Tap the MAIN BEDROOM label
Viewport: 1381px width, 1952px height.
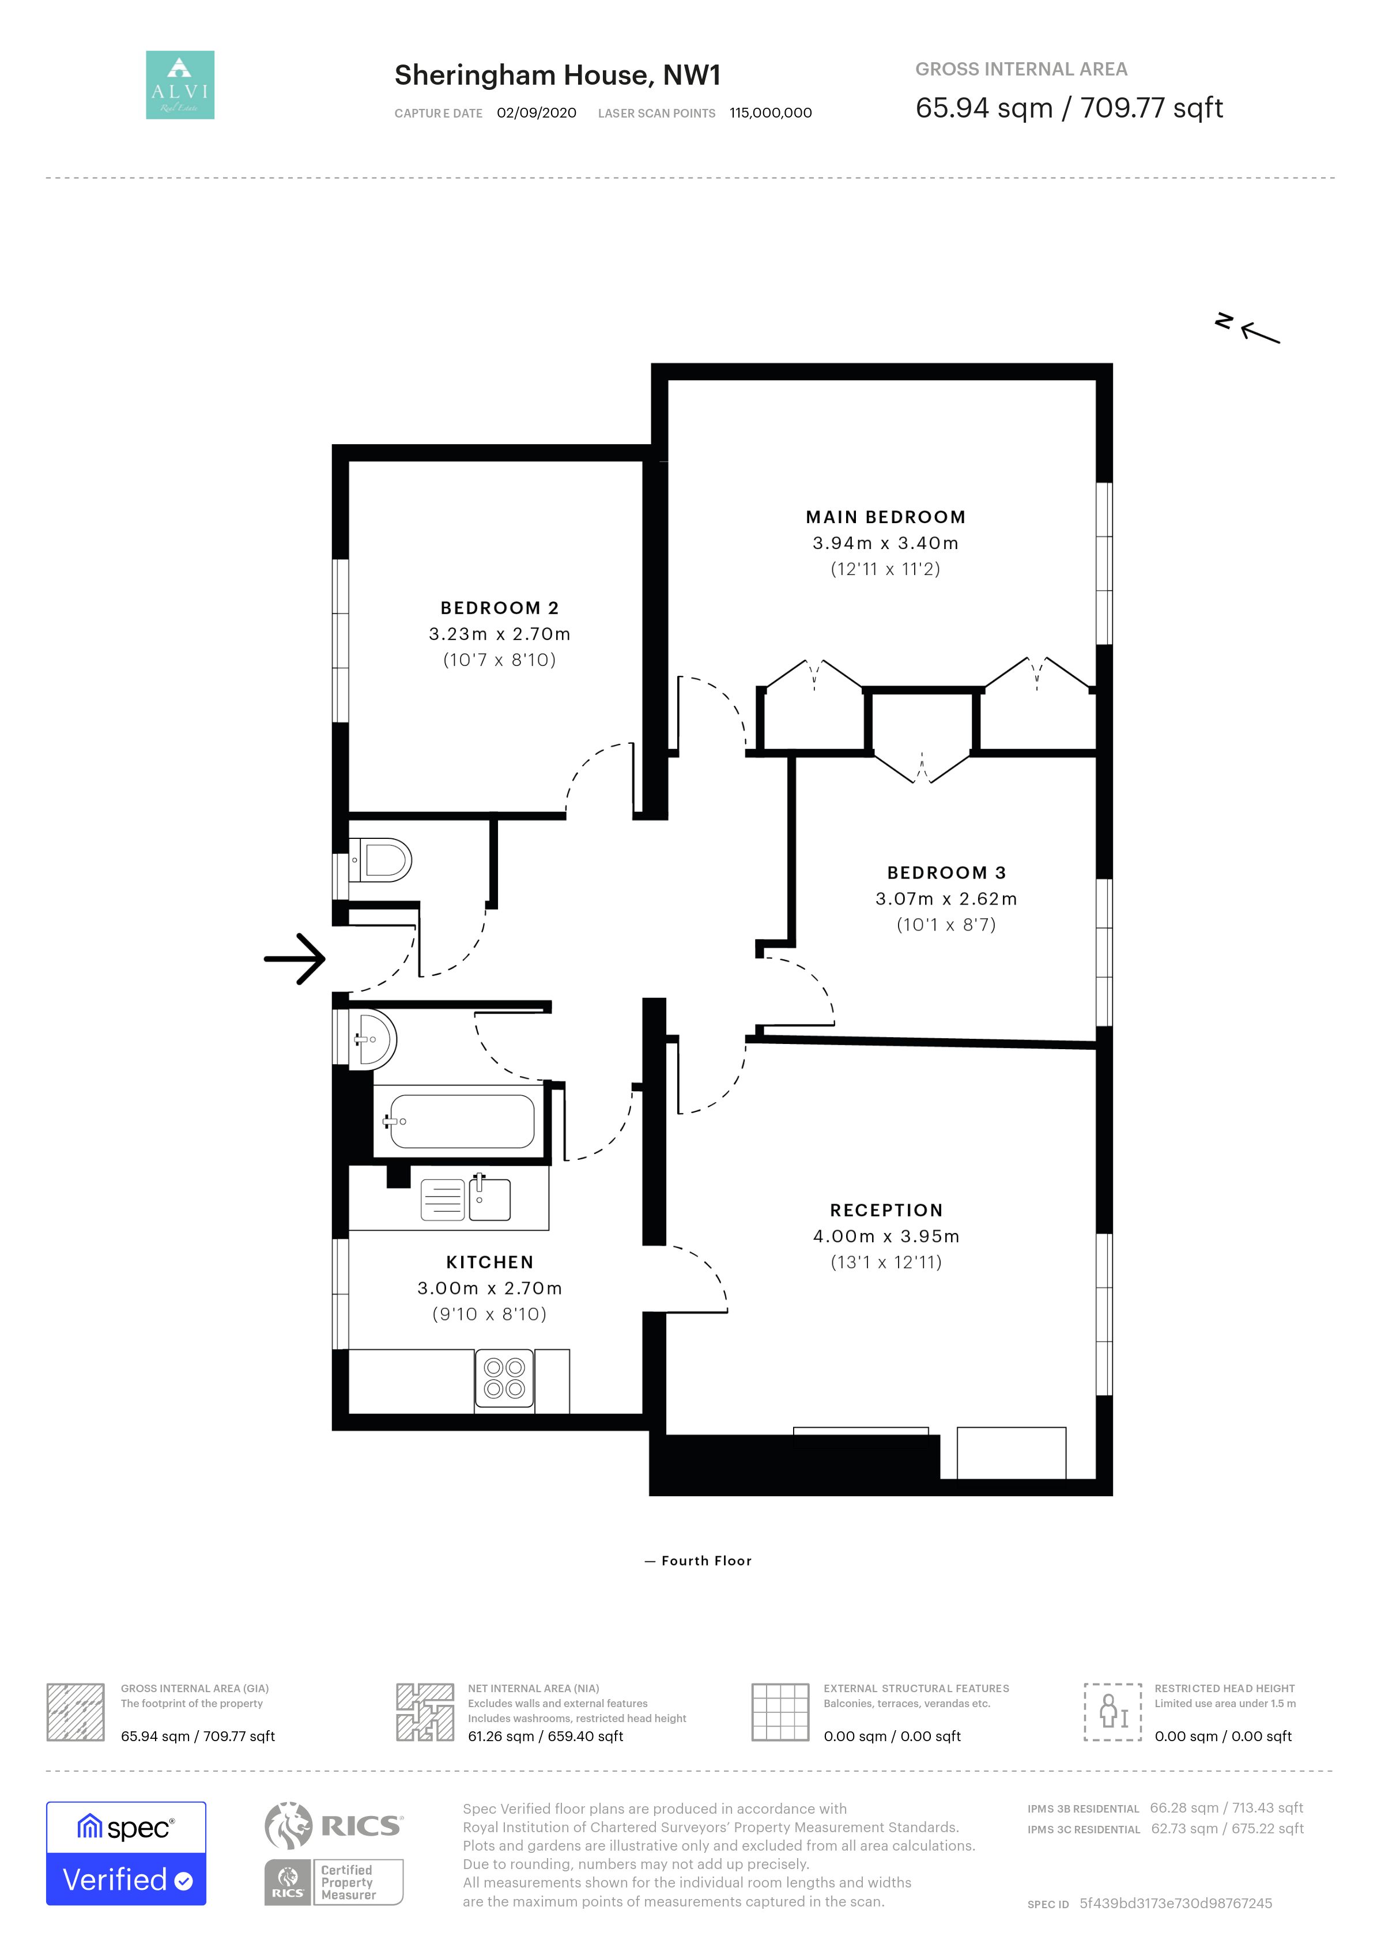coord(885,517)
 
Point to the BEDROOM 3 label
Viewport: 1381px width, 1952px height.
coord(946,872)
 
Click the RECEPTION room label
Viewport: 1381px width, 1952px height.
coord(886,1210)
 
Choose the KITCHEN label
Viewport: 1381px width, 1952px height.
coord(490,1262)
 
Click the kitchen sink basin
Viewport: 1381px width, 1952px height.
coord(490,1199)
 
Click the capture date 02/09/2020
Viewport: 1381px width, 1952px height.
coord(537,113)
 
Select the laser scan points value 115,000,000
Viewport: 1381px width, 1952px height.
coord(771,113)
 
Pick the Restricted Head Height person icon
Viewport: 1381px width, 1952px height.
coord(1112,1712)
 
